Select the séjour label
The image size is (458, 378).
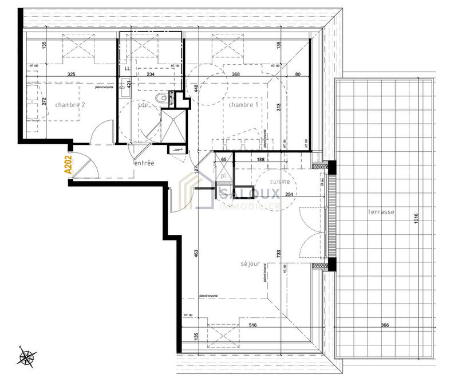pyautogui.click(x=250, y=265)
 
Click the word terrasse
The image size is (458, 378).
pyautogui.click(x=382, y=212)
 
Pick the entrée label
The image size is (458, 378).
pyautogui.click(x=144, y=163)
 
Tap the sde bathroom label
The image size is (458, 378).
pyautogui.click(x=143, y=105)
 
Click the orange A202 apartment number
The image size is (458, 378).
pyautogui.click(x=68, y=165)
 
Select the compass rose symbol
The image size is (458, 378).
pyautogui.click(x=26, y=357)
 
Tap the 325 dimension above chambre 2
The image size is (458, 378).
pyautogui.click(x=72, y=74)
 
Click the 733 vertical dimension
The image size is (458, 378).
pyautogui.click(x=279, y=254)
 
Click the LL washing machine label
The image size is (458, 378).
pyautogui.click(x=126, y=68)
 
